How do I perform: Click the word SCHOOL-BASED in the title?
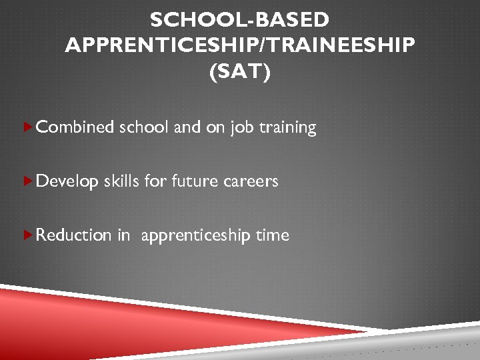pos(240,21)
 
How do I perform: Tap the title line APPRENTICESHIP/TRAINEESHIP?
pos(240,46)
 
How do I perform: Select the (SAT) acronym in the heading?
pos(240,71)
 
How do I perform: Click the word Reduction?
pos(74,235)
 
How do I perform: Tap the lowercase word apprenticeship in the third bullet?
pos(195,235)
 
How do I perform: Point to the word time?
pos(273,235)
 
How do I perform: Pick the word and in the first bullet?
pos(187,127)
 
